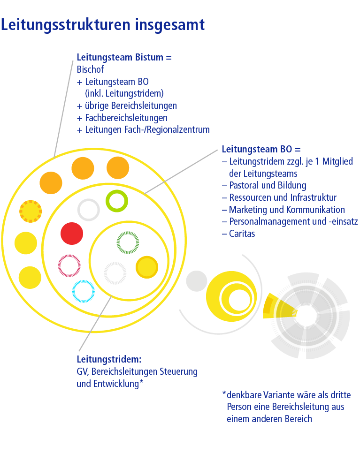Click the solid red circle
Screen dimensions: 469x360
point(72,234)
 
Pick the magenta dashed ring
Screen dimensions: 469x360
point(69,265)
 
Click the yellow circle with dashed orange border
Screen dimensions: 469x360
point(31,212)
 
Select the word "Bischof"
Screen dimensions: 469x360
point(90,69)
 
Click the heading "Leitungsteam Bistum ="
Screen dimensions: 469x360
point(124,58)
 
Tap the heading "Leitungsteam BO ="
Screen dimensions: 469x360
point(261,150)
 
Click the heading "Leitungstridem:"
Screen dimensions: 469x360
point(109,360)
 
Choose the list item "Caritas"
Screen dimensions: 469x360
point(242,233)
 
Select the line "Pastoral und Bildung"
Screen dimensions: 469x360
point(268,185)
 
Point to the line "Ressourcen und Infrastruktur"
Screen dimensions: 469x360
point(283,197)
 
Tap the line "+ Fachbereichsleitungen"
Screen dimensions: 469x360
point(122,118)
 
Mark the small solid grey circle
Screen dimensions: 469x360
point(197,281)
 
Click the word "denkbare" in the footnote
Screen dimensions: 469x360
point(243,394)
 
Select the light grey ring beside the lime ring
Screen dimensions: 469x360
point(89,210)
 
